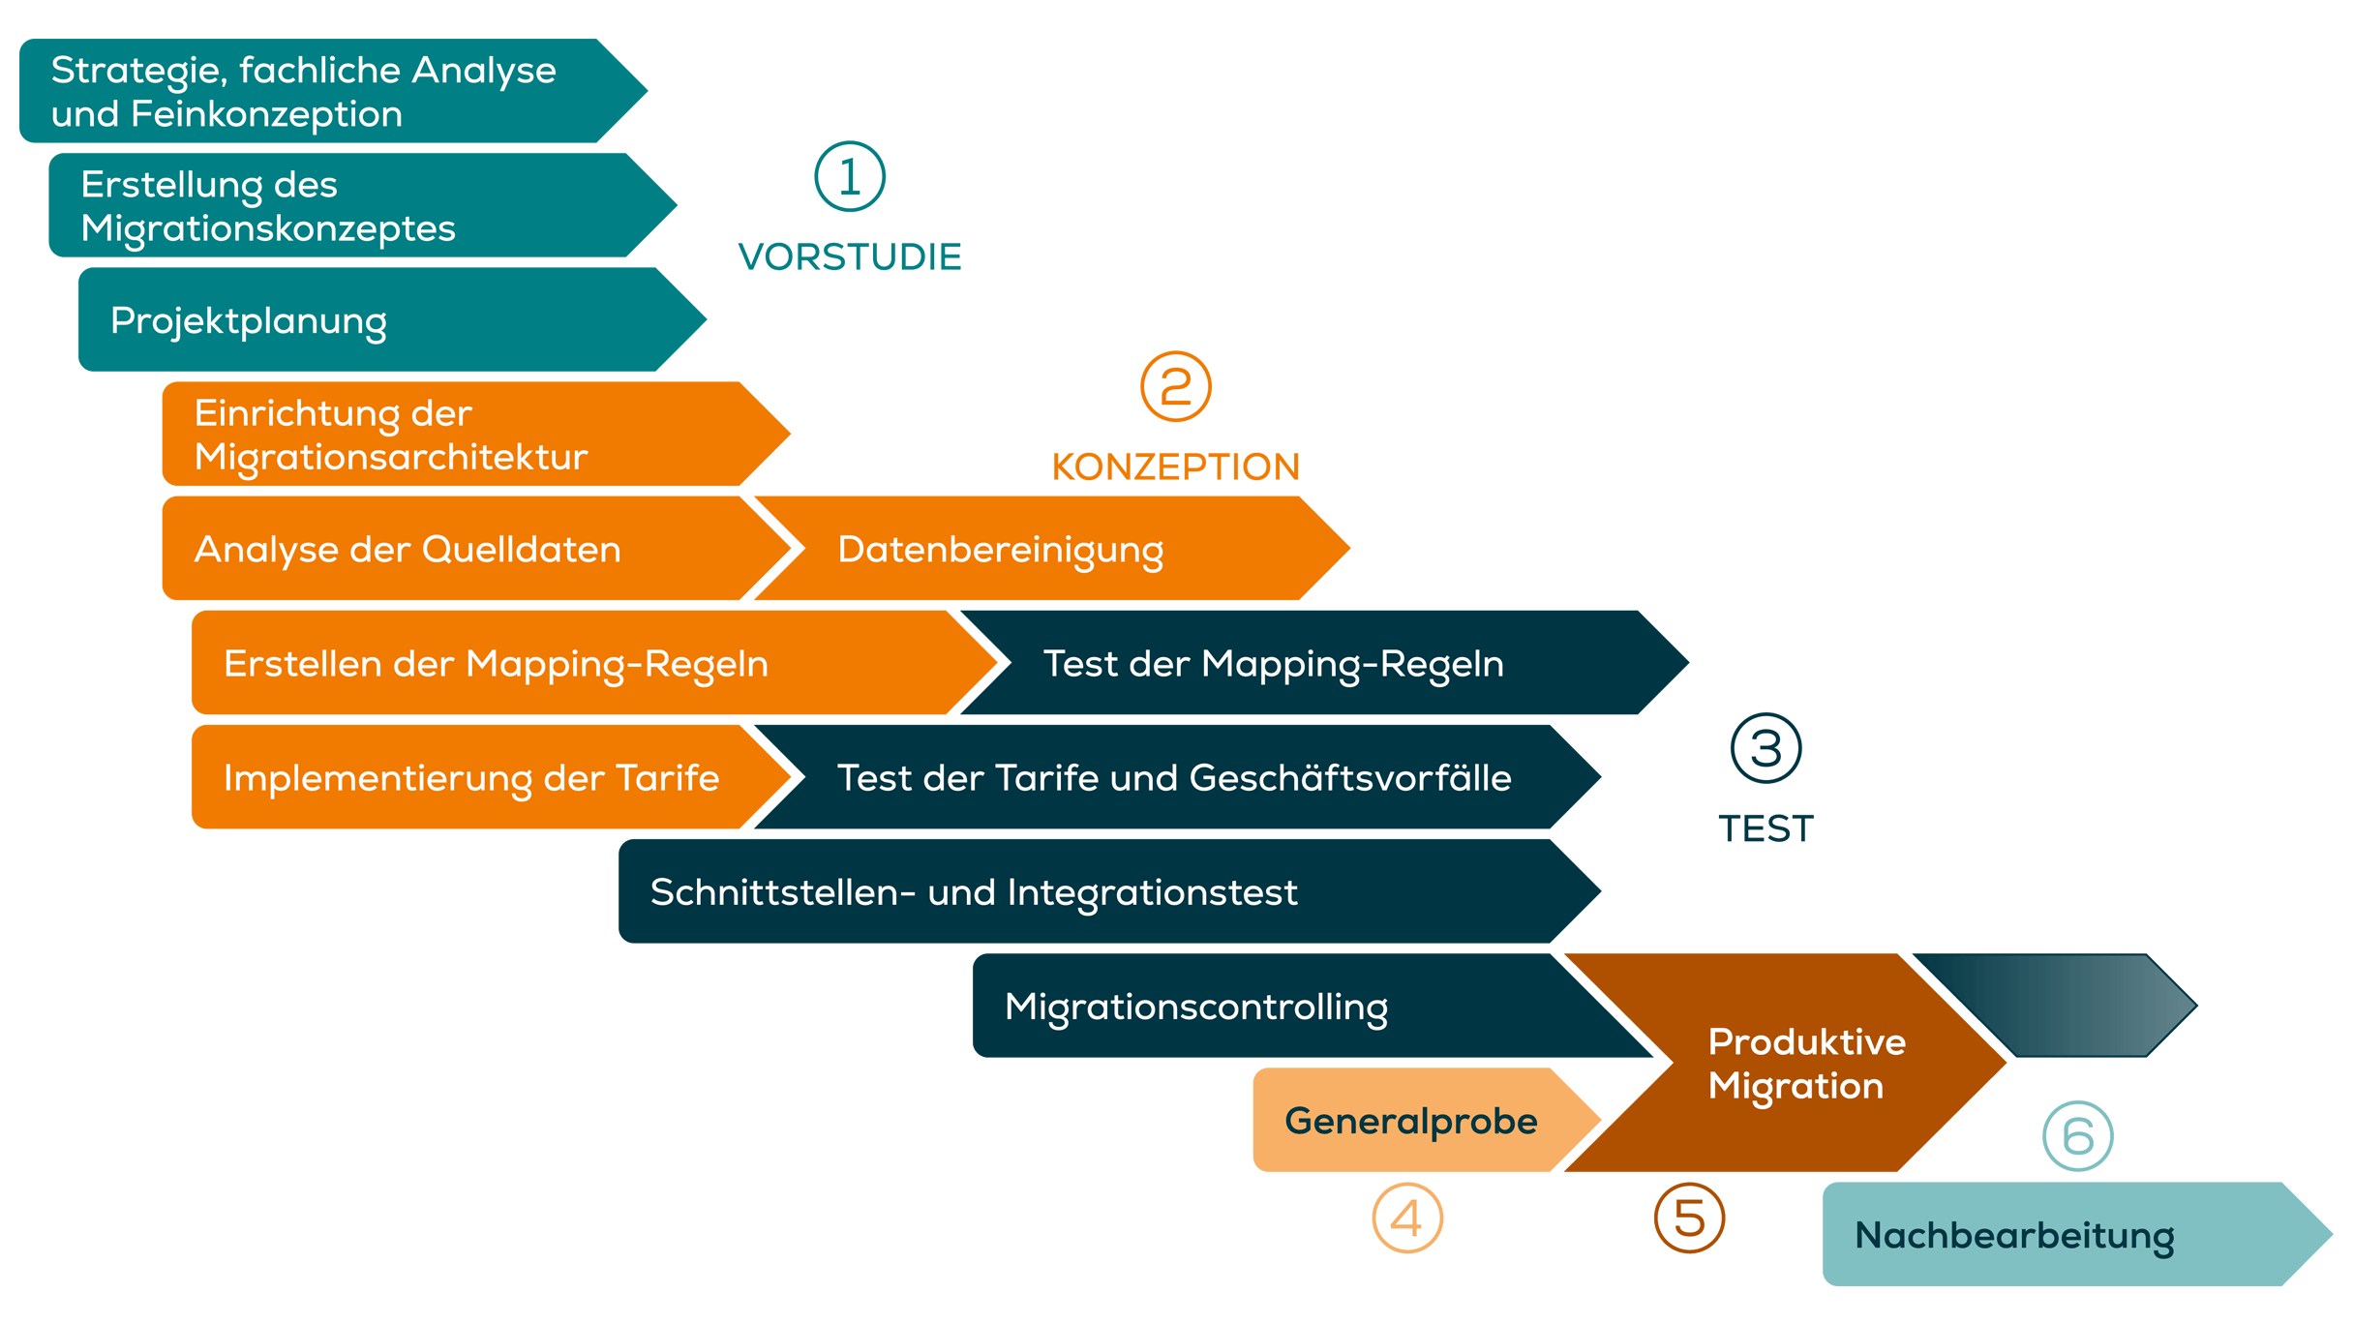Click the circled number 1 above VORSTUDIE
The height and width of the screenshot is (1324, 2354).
point(850,177)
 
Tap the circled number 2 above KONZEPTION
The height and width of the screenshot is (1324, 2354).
point(1176,387)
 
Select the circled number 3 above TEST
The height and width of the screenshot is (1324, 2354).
point(1765,748)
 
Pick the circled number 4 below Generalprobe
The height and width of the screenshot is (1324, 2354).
point(1407,1218)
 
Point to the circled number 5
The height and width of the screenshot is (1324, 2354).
point(1689,1218)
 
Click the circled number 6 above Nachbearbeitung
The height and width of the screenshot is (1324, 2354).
point(2077,1136)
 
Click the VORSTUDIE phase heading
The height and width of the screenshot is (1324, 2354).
point(850,257)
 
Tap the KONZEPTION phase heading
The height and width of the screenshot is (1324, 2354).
point(1176,466)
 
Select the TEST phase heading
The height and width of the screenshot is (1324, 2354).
point(1765,828)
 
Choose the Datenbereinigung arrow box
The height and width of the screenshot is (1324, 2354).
point(1045,549)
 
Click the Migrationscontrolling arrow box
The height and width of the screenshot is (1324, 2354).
point(1258,1007)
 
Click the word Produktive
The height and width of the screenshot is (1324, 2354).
point(1806,1042)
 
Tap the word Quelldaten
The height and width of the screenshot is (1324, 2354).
point(522,550)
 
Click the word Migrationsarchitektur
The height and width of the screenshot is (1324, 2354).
point(391,457)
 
